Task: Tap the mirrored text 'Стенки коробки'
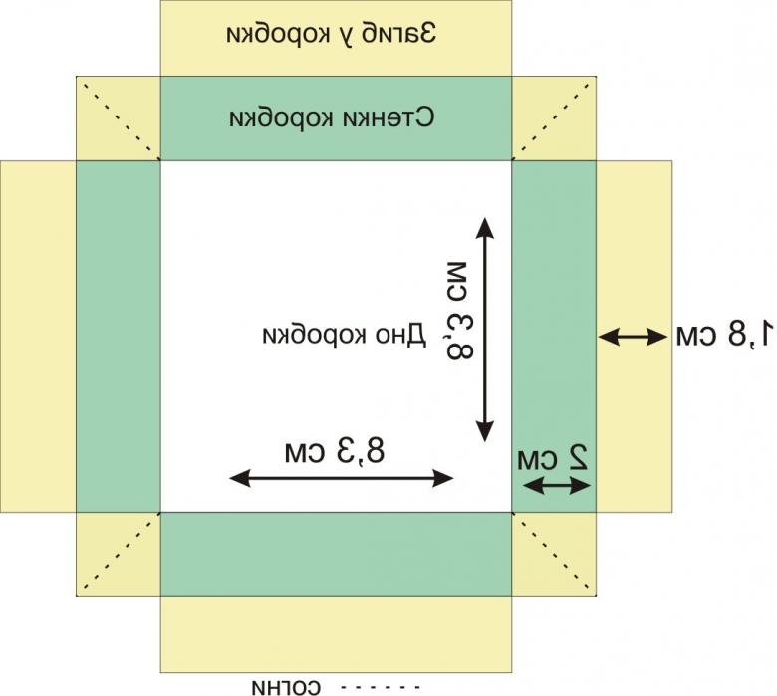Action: click(x=332, y=117)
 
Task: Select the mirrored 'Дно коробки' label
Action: click(x=344, y=335)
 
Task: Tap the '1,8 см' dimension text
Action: click(x=722, y=335)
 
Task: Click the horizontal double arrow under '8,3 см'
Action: click(x=342, y=479)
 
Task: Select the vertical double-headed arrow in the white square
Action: click(x=485, y=330)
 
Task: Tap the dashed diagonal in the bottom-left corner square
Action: click(x=119, y=554)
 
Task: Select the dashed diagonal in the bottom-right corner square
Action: click(x=554, y=554)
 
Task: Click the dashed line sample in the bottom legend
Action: click(x=381, y=686)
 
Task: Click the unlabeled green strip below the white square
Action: click(x=336, y=555)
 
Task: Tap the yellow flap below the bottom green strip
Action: click(x=336, y=633)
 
